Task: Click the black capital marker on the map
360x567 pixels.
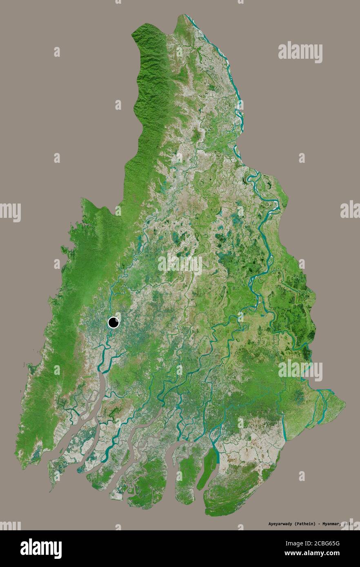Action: pyautogui.click(x=113, y=323)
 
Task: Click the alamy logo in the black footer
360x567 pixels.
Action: pyautogui.click(x=41, y=548)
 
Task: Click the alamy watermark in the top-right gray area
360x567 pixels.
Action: pyautogui.click(x=300, y=53)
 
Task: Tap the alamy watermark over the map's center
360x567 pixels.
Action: pyautogui.click(x=180, y=264)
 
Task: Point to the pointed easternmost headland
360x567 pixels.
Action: pyautogui.click(x=344, y=404)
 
